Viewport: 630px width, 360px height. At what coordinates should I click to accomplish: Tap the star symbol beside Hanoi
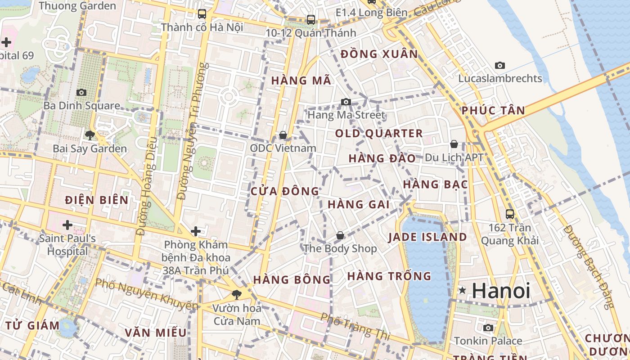(462, 291)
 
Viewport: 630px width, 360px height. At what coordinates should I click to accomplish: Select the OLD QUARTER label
(379, 133)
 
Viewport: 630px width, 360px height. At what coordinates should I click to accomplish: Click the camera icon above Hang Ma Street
(346, 102)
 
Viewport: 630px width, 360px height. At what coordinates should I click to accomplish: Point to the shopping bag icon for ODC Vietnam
(283, 135)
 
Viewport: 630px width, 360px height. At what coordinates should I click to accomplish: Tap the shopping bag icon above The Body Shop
(340, 235)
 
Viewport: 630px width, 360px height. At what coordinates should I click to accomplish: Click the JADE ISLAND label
(427, 237)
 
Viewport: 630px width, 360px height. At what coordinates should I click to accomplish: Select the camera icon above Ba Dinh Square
(81, 92)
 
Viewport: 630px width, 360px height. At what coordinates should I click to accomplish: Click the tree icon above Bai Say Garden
(90, 135)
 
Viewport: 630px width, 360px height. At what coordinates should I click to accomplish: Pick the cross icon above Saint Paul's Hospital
(67, 225)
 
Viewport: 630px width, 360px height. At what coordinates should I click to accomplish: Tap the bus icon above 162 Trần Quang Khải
(510, 214)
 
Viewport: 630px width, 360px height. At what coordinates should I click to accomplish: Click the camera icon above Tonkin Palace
(488, 328)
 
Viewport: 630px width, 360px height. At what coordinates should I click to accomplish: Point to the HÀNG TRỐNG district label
(389, 276)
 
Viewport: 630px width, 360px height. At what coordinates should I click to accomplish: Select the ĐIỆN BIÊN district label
(97, 200)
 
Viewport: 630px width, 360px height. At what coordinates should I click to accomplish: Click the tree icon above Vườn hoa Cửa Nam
(236, 295)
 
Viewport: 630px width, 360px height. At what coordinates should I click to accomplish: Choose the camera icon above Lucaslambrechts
(500, 66)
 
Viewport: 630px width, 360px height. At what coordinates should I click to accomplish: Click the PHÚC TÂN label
(493, 110)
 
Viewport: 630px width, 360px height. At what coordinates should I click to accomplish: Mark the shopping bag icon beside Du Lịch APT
(454, 144)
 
